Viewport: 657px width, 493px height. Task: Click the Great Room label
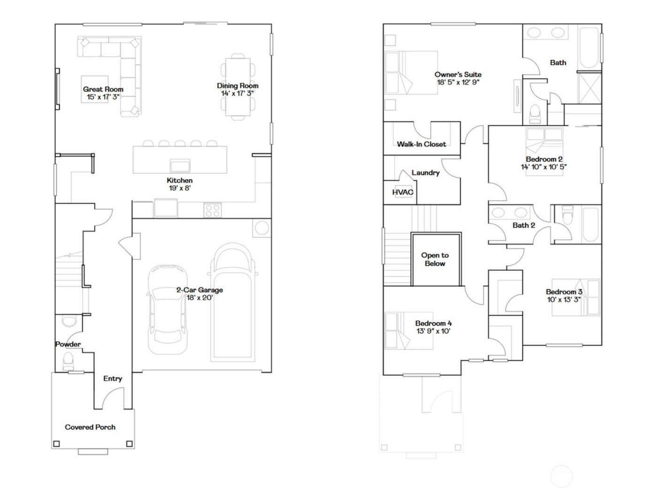(103, 89)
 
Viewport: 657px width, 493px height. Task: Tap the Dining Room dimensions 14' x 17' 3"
(237, 93)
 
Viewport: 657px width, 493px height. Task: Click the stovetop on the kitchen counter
(213, 210)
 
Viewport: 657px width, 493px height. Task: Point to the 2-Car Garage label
(199, 290)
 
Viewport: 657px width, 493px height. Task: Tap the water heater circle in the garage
(261, 229)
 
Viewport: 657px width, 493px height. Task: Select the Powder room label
(68, 344)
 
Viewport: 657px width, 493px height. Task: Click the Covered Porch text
(90, 427)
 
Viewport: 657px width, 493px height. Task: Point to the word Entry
(113, 378)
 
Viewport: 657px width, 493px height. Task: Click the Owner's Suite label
(458, 74)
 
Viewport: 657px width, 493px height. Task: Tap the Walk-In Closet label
(421, 144)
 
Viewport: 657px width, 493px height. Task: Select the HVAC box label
(403, 193)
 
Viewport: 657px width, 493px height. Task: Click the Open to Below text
(435, 259)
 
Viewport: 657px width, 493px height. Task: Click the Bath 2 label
(524, 225)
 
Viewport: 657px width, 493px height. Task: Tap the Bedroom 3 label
(564, 292)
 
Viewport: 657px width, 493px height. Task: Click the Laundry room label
(425, 173)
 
